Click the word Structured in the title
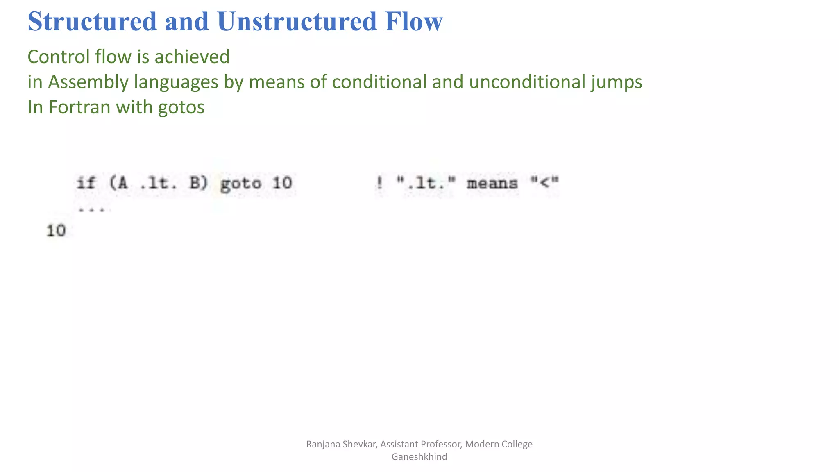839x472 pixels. click(x=93, y=21)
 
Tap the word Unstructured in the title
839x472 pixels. click(x=297, y=21)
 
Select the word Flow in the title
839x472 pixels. click(x=413, y=21)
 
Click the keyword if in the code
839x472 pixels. click(x=86, y=183)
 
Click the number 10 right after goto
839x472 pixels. click(x=282, y=183)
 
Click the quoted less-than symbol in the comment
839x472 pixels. click(x=544, y=182)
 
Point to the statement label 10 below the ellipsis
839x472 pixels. click(x=56, y=231)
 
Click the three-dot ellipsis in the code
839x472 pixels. click(x=94, y=210)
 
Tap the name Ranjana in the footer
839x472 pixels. click(x=322, y=444)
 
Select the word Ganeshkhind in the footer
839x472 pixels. click(x=419, y=457)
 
